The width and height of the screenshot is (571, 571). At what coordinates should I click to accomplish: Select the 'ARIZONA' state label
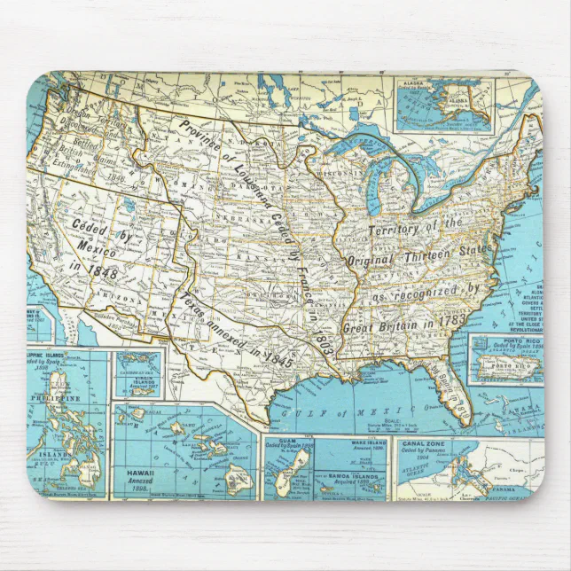point(121,298)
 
